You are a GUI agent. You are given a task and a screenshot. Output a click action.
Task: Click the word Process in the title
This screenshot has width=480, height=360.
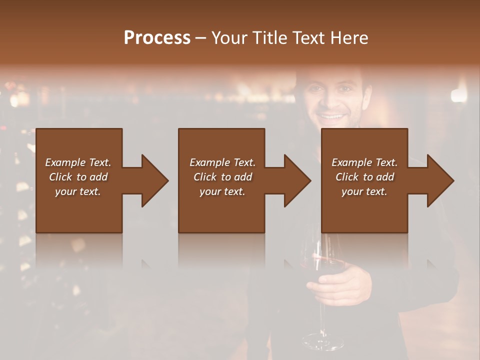click(x=157, y=38)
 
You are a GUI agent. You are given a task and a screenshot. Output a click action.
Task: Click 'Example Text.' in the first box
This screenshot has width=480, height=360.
click(x=78, y=162)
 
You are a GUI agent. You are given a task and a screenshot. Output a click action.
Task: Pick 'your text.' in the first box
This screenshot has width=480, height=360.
click(x=78, y=191)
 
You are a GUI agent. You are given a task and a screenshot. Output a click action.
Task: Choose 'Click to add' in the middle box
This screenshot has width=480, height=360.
click(x=222, y=177)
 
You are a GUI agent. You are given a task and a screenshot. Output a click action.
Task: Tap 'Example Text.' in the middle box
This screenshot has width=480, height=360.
click(x=222, y=162)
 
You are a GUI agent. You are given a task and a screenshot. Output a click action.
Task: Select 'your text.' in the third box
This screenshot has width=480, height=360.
click(x=364, y=191)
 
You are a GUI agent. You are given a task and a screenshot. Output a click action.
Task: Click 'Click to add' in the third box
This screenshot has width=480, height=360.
click(x=364, y=177)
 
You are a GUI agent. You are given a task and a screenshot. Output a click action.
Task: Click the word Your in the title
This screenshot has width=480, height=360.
click(x=228, y=38)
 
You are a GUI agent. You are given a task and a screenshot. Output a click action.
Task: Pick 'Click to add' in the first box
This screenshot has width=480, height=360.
click(x=78, y=177)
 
